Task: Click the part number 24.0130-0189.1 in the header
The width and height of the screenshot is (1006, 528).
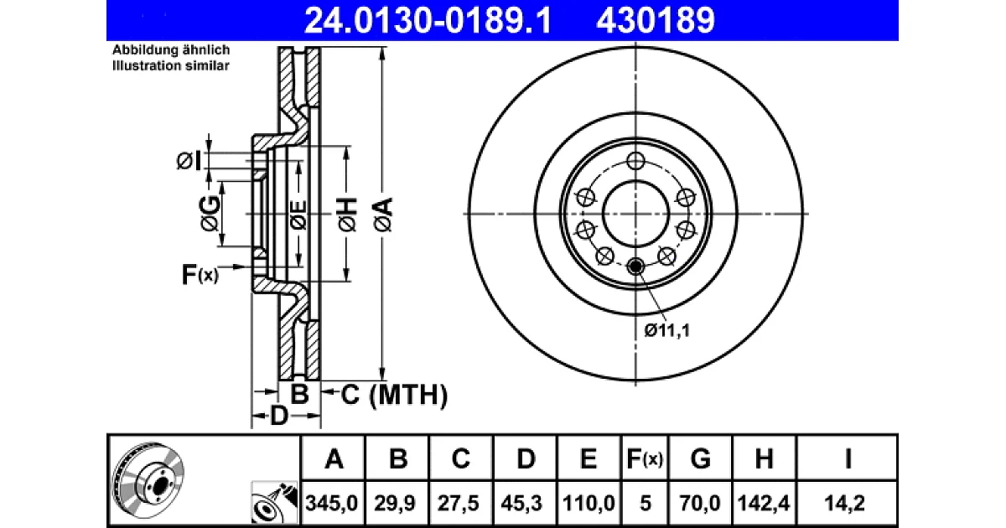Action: pyautogui.click(x=428, y=20)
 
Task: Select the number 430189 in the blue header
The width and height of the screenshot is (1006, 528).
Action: pyautogui.click(x=656, y=20)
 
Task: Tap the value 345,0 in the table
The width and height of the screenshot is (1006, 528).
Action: pyautogui.click(x=331, y=503)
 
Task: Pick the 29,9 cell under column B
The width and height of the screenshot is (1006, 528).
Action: pyautogui.click(x=395, y=503)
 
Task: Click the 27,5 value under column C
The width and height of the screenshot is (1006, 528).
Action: pyautogui.click(x=459, y=503)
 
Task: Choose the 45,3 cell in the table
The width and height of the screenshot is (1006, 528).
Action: pyautogui.click(x=521, y=503)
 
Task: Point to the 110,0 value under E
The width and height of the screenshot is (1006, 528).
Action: pyautogui.click(x=589, y=503)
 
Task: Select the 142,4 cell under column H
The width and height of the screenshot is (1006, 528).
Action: pyautogui.click(x=764, y=503)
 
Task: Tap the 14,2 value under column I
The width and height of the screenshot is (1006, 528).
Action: pyautogui.click(x=844, y=503)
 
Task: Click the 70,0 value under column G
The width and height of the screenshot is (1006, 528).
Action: pyautogui.click(x=700, y=503)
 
